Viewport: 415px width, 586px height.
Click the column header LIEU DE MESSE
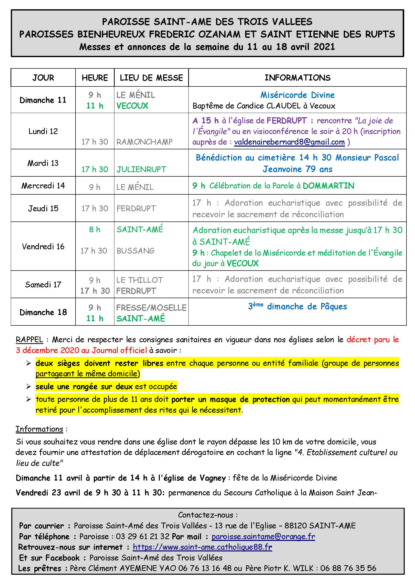(151, 78)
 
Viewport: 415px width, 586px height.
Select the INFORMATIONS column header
(298, 78)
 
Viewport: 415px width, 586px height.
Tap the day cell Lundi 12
(43, 131)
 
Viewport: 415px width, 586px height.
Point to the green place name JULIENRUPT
(141, 169)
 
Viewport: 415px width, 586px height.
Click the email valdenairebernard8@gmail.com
(289, 142)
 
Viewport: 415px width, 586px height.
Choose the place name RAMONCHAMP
(144, 142)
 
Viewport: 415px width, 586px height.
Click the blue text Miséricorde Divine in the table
(298, 95)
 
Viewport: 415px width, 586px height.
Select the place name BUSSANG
(135, 251)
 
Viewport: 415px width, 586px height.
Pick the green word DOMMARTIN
(328, 186)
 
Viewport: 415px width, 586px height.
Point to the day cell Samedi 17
(43, 284)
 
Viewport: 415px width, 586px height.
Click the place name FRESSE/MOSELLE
(151, 308)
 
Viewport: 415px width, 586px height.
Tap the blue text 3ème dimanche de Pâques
(298, 306)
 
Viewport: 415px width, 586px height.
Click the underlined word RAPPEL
(29, 340)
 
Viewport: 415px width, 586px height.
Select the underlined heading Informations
(39, 429)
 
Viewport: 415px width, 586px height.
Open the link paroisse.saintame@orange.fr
(263, 536)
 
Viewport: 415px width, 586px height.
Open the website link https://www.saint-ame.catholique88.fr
(202, 547)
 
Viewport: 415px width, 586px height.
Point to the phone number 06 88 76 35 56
(348, 568)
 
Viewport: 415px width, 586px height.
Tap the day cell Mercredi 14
(43, 186)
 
